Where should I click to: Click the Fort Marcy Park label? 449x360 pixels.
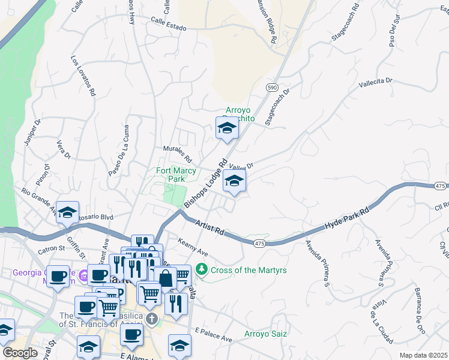(176, 175)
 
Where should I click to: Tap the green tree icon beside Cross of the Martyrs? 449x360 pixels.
(203, 270)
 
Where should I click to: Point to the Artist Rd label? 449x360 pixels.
(209, 227)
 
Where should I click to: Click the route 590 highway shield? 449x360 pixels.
(272, 88)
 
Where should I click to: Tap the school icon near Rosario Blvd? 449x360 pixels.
(68, 212)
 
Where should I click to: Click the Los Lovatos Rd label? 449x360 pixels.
(83, 76)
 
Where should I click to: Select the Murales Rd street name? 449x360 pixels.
(177, 155)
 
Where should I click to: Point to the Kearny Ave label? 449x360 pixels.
(193, 247)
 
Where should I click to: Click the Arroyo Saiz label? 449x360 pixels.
(265, 334)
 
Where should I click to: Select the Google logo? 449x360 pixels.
(20, 353)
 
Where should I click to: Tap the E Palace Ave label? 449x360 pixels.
(214, 335)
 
